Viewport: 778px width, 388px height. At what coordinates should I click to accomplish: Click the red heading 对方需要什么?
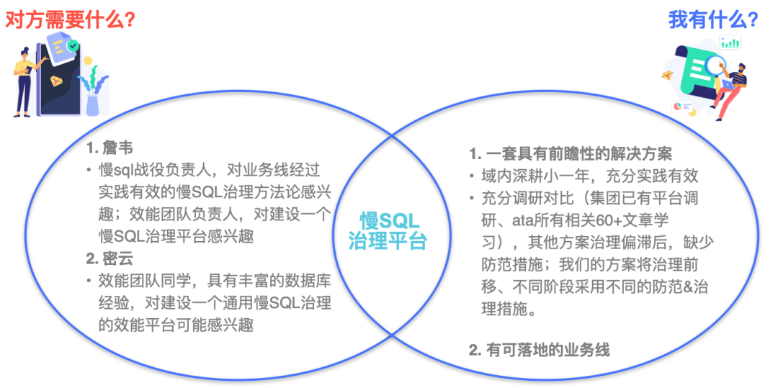(70, 20)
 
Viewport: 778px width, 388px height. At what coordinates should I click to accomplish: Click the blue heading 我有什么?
(712, 20)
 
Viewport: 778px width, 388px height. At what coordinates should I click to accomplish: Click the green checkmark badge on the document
(73, 46)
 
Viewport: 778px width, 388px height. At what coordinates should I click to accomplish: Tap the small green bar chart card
(730, 42)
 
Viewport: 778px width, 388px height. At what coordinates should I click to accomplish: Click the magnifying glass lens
(714, 67)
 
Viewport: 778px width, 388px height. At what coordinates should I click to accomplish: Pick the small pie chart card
(681, 107)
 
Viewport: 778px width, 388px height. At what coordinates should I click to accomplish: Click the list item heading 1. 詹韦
(109, 148)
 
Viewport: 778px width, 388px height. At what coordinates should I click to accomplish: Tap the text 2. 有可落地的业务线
(539, 350)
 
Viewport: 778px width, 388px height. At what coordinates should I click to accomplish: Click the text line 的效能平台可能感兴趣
(176, 325)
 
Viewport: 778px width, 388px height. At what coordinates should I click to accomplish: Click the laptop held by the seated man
(725, 84)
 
